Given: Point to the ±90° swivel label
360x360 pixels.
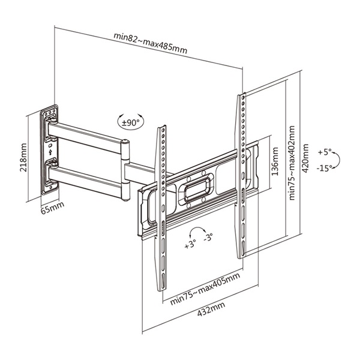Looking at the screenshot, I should coord(130,122).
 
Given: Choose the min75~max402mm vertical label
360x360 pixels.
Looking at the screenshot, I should coord(292,163).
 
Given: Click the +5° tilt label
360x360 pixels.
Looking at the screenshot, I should coord(325,152).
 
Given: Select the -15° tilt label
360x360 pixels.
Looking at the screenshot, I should coord(325,168).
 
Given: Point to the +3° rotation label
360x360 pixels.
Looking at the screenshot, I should coord(191,245).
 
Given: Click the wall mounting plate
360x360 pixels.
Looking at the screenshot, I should coord(50,150).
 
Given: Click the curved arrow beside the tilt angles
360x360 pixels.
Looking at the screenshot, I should coord(337,160).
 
